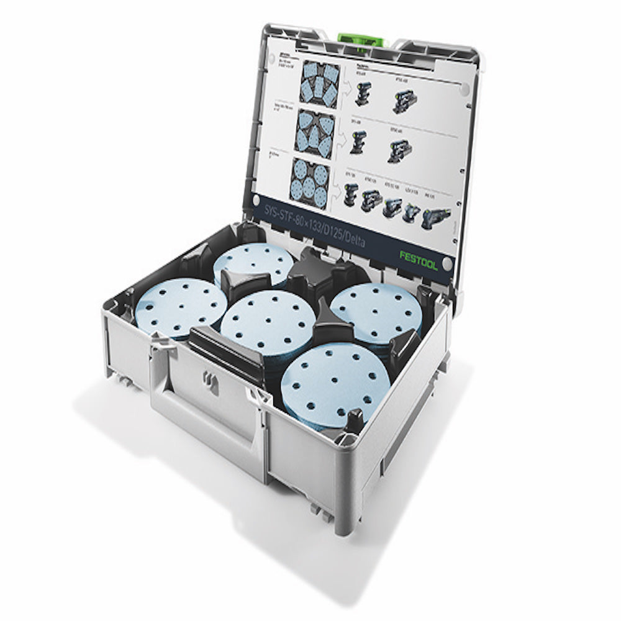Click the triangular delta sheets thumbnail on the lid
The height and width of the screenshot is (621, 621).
pyautogui.click(x=315, y=133)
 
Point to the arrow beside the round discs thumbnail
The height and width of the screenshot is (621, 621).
pyautogui.click(x=336, y=188)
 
